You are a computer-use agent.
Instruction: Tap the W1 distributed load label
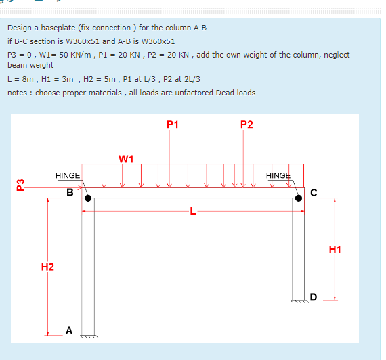[x=125, y=159]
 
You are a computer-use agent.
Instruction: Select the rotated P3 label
[x=20, y=184]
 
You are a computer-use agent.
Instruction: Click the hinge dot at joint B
[x=88, y=198]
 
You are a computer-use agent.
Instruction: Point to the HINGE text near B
[x=68, y=175]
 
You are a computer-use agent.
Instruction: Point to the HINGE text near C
[x=278, y=175]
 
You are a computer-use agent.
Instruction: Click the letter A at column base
[x=69, y=330]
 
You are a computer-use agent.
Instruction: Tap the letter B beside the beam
[x=70, y=192]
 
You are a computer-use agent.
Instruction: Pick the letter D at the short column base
[x=313, y=296]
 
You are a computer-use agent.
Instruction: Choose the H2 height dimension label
[x=47, y=268]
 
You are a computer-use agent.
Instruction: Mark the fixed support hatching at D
[x=299, y=302]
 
